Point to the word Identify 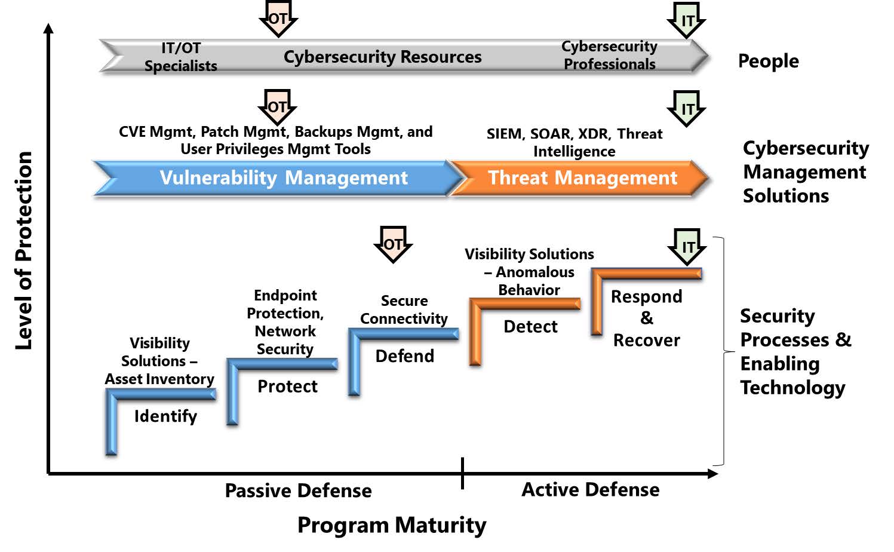pos(165,416)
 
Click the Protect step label pos(287,387)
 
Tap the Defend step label pos(404,356)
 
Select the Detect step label pos(530,327)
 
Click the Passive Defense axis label pos(298,491)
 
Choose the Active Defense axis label pos(590,490)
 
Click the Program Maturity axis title pos(392,525)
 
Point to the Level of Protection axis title pos(24,250)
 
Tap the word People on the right pos(768,61)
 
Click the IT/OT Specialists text pos(181,57)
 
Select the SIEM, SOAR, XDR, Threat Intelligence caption pos(575,142)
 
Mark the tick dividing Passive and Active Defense pos(462,473)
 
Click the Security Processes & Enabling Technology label pos(795,351)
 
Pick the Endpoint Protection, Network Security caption pos(285,322)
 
